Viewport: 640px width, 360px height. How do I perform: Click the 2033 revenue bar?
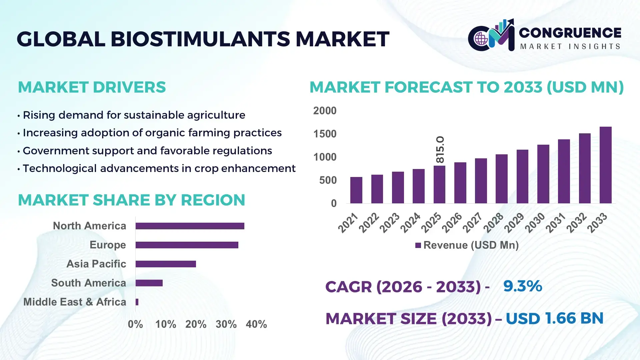pos(605,165)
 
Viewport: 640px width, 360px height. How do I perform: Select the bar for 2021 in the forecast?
pos(356,190)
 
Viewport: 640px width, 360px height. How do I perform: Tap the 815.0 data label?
pos(440,150)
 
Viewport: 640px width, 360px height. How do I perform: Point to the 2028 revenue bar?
pos(501,179)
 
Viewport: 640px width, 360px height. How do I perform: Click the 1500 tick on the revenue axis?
pos(325,134)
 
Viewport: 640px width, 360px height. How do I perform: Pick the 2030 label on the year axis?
pos(534,223)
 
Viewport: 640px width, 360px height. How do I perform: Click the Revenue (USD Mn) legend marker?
pos(418,246)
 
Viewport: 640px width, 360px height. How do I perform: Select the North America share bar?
pos(190,226)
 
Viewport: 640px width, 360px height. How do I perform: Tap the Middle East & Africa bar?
pos(137,302)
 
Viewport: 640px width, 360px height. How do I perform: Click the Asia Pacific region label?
pos(96,264)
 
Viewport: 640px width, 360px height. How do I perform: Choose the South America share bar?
pos(149,283)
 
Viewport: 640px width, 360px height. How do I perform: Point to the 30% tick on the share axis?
pos(226,324)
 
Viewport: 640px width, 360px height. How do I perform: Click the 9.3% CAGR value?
pos(522,286)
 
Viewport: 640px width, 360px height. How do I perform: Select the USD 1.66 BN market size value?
pos(554,318)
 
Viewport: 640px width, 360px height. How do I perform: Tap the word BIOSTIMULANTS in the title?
pos(200,39)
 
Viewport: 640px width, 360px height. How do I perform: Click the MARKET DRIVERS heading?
pos(92,87)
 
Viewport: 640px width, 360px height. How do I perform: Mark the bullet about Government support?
pos(147,151)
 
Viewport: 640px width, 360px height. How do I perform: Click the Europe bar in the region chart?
pos(187,245)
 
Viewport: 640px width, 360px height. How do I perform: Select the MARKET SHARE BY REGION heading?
pos(131,200)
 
